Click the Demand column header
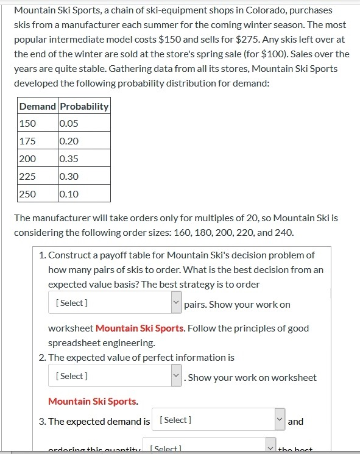38,106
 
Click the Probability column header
84,106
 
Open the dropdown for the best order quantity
115,303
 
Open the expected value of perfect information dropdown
115,376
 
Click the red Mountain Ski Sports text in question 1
139,328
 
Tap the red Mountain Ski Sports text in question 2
92,401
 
